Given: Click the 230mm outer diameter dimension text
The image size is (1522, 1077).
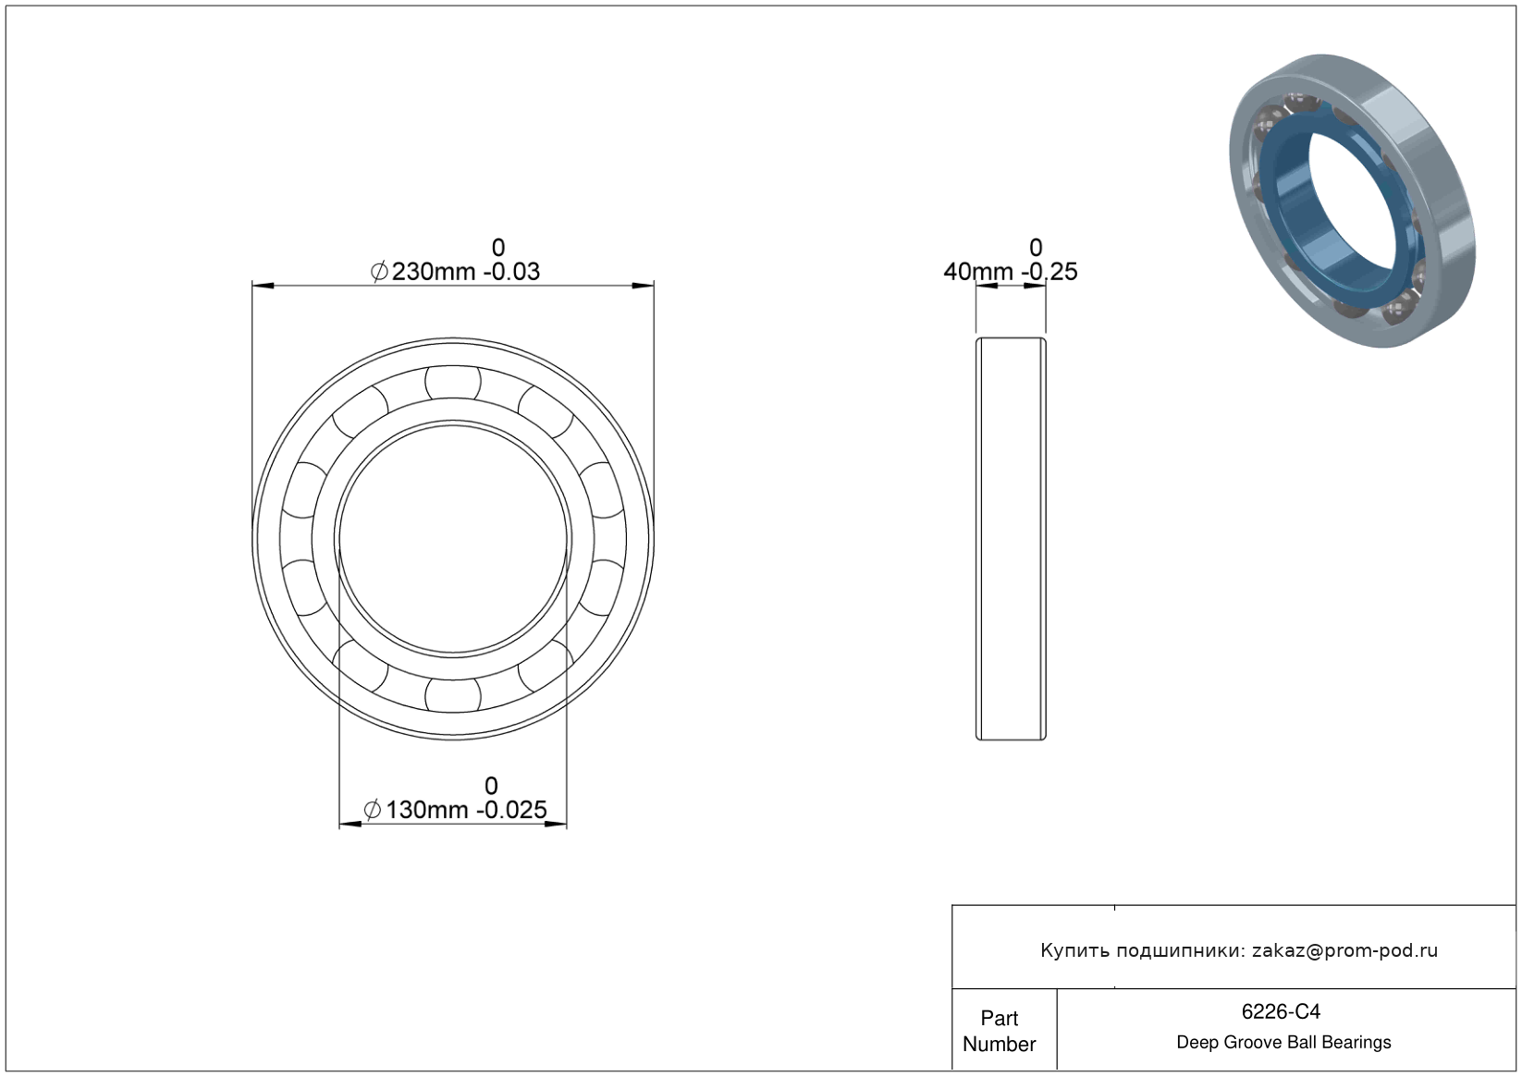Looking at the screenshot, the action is coord(434,272).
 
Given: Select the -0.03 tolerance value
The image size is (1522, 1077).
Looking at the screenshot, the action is coord(511,272).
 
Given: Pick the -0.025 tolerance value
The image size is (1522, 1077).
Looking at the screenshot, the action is coord(511,810).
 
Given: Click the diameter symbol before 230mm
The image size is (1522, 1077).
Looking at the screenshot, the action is coord(379,272).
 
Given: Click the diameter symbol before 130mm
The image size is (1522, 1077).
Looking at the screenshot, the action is coord(373,810).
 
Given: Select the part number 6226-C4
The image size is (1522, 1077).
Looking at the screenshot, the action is coord(1281,1011).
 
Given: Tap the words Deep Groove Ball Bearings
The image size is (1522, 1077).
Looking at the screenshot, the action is coord(1283,1043).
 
